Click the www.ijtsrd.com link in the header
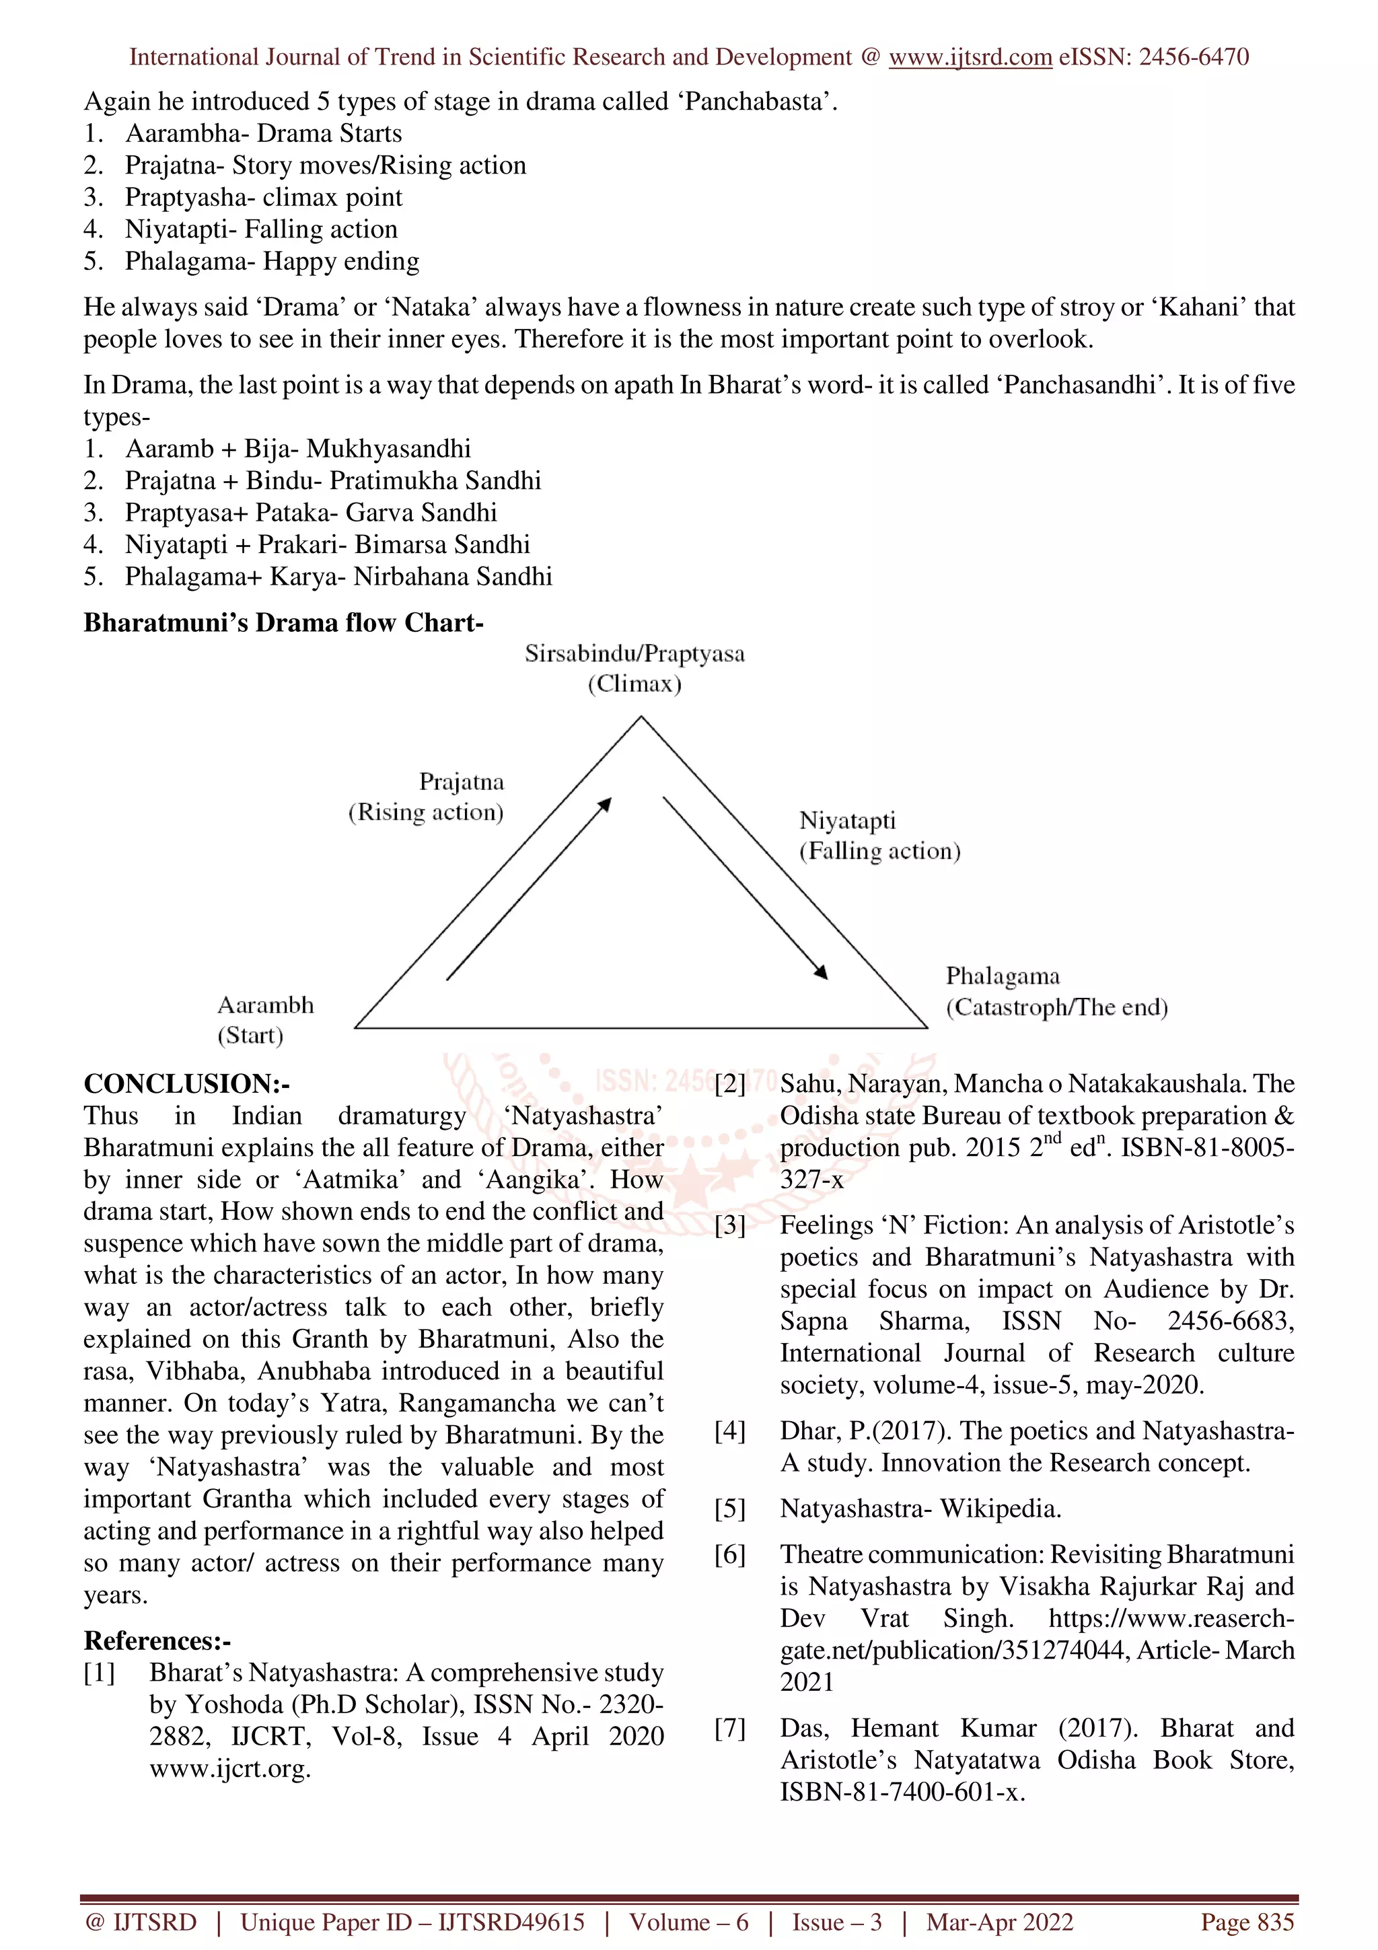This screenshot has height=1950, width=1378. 970,57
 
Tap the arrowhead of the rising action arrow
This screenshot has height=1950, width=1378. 606,803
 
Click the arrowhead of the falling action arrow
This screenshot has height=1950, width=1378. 821,973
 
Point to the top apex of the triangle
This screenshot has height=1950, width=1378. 641,718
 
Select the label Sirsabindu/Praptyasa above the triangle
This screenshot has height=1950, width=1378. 634,654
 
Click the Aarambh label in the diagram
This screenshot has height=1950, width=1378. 266,1005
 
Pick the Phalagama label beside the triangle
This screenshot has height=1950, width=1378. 1003,977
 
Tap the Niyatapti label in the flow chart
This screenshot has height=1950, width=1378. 847,822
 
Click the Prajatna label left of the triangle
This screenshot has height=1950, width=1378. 461,782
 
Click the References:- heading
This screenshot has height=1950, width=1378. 157,1640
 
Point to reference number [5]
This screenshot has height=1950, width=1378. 729,1509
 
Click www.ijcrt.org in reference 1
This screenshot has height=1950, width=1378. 230,1768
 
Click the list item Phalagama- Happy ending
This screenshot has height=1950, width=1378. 272,262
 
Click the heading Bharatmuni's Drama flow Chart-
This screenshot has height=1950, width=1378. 283,622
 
